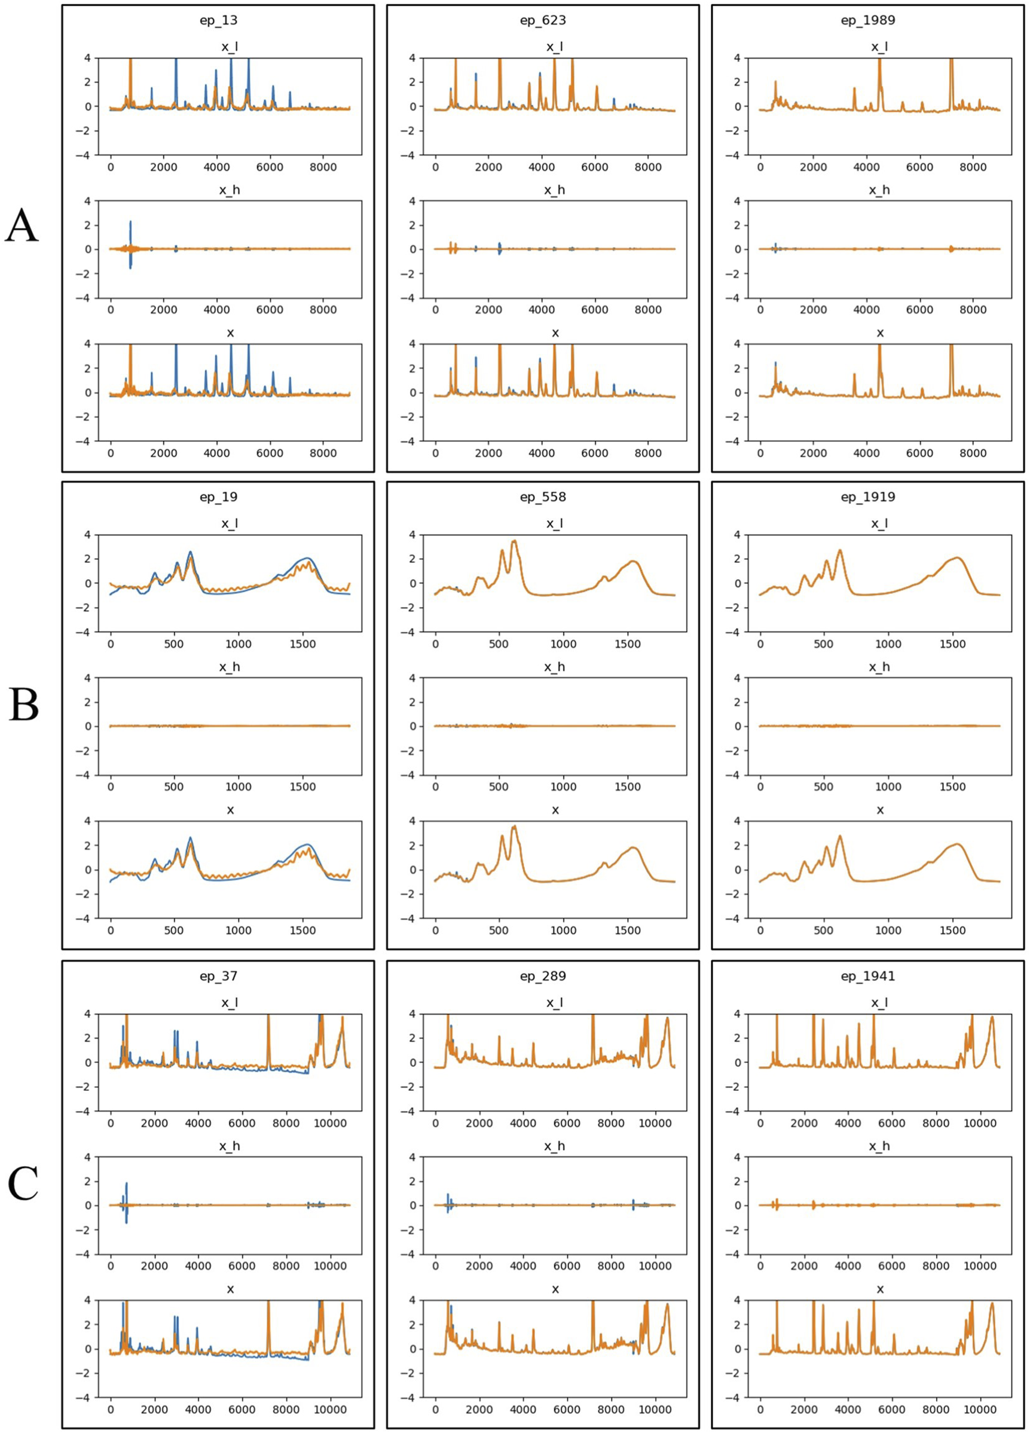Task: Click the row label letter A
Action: [22, 227]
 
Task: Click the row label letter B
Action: [23, 706]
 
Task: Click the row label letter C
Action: [23, 1185]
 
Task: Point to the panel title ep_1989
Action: [868, 20]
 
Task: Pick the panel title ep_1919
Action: [868, 496]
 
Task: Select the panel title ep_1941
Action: [868, 976]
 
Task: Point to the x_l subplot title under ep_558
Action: [555, 524]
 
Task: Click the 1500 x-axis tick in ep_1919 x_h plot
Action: [952, 786]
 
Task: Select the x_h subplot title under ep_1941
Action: [880, 1146]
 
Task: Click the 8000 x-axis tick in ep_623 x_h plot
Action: [648, 310]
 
